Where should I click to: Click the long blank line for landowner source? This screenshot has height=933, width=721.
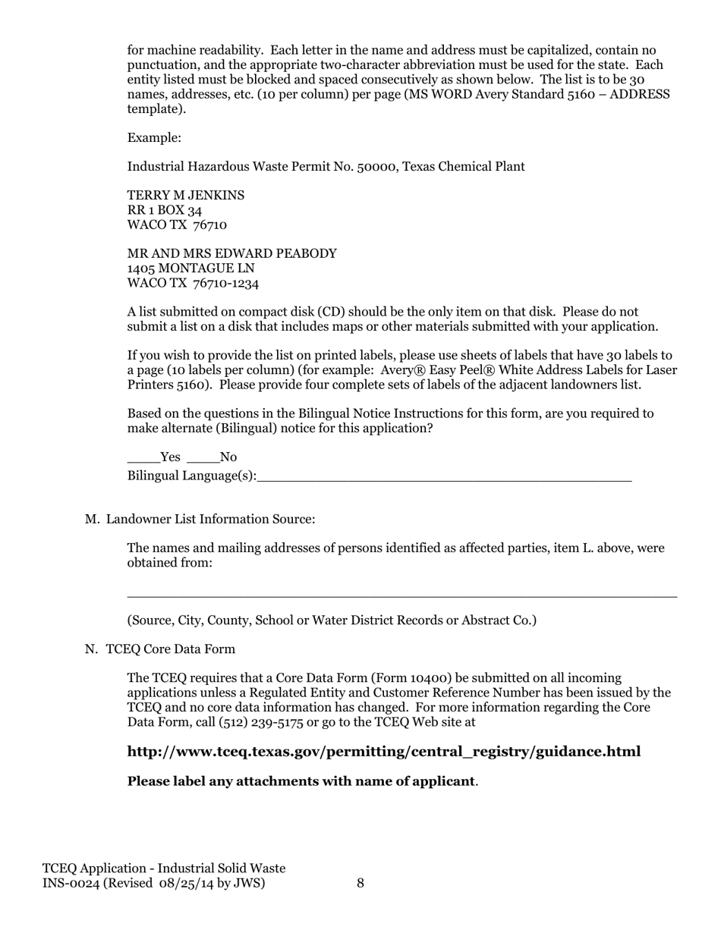point(401,596)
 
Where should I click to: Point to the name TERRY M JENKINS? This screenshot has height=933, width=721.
point(186,196)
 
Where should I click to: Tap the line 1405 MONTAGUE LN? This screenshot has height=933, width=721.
point(190,269)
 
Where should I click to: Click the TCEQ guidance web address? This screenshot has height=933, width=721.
point(384,752)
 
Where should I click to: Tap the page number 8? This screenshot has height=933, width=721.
point(360,883)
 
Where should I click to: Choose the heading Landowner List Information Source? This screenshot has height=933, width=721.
point(210,520)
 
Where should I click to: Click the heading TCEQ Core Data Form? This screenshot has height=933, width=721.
point(170,649)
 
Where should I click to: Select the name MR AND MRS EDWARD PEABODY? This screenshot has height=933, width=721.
point(231,254)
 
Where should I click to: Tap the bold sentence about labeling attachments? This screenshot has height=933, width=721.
point(301,781)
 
